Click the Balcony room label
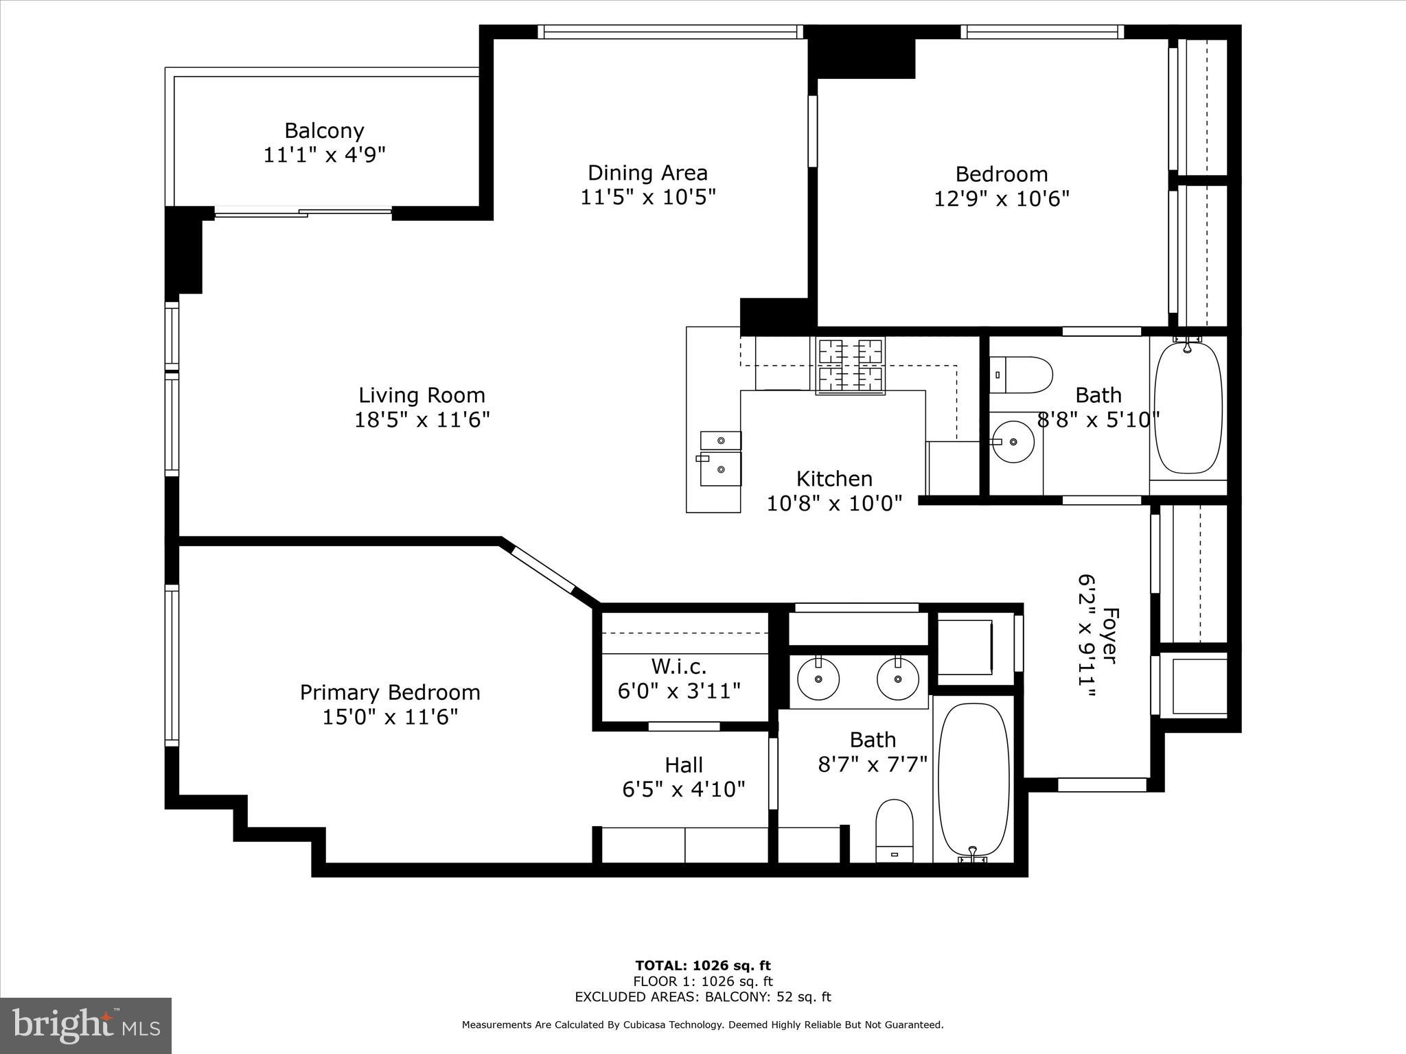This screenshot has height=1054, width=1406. click(x=324, y=130)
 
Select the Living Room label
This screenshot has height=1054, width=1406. click(x=422, y=395)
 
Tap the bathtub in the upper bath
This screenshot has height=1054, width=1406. click(x=1188, y=408)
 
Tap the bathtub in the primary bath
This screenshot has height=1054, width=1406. click(x=973, y=779)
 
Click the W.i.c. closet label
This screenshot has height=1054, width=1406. click(x=678, y=666)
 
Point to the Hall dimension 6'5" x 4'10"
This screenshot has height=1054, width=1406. click(x=684, y=790)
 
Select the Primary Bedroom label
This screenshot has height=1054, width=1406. click(x=390, y=692)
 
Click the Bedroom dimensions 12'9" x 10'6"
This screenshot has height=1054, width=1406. click(x=1002, y=199)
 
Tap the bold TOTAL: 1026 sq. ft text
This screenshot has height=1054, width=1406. click(x=702, y=966)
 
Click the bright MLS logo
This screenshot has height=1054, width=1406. click(x=86, y=1025)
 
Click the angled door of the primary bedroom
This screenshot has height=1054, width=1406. click(x=542, y=569)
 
